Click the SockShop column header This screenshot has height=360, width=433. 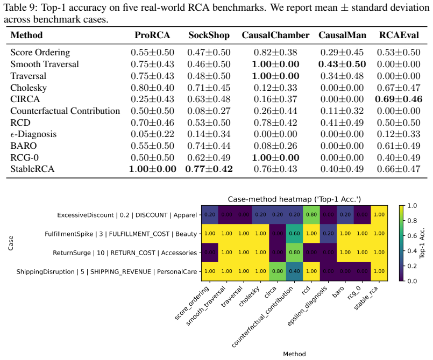pyautogui.click(x=209, y=35)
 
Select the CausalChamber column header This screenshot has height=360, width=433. pyautogui.click(x=275, y=35)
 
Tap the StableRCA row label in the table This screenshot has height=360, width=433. pyautogui.click(x=32, y=169)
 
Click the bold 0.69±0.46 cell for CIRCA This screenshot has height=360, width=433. pyautogui.click(x=399, y=99)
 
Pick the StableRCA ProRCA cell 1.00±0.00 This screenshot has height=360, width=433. pyautogui.click(x=153, y=169)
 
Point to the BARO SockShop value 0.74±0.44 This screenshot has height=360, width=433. pyautogui.click(x=209, y=146)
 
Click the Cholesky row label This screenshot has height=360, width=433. pyautogui.click(x=29, y=88)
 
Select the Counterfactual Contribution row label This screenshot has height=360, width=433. pyautogui.click(x=65, y=111)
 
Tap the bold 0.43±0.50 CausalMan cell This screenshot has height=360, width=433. pyautogui.click(x=342, y=64)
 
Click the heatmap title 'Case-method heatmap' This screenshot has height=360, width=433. pyautogui.click(x=294, y=199)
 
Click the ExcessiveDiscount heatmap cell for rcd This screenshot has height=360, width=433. pyautogui.click(x=311, y=214)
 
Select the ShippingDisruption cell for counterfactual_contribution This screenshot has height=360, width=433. pyautogui.click(x=295, y=271)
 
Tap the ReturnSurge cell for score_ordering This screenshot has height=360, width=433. pyautogui.click(x=210, y=253)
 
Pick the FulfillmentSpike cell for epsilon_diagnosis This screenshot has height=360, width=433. pyautogui.click(x=328, y=233)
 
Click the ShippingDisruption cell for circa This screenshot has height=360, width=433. pyautogui.click(x=278, y=271)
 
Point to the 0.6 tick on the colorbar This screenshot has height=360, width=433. pyautogui.click(x=411, y=235)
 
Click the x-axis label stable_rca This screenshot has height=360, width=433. pyautogui.click(x=366, y=298)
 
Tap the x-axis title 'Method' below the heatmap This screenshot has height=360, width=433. pyautogui.click(x=294, y=354)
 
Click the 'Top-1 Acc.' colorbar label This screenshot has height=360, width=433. pyautogui.click(x=422, y=243)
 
